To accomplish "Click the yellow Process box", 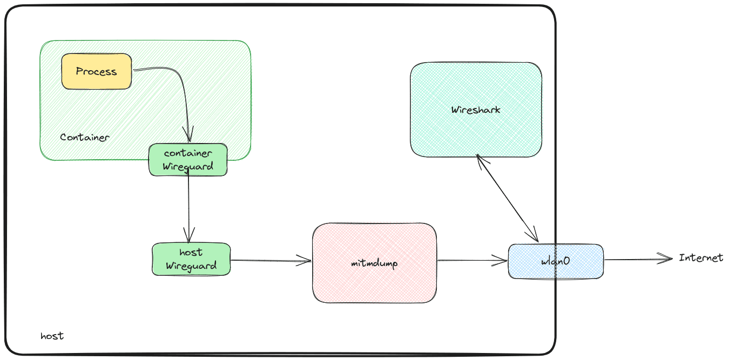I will [97, 71].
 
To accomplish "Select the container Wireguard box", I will [188, 160].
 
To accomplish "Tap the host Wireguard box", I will [191, 259].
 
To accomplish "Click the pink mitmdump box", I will [374, 263].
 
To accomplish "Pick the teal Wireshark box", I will [476, 110].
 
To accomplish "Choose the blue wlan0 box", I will [556, 261].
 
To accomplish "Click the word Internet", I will [700, 258].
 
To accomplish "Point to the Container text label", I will [85, 137].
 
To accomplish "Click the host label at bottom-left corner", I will [52, 336].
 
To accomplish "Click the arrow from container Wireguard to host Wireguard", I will [188, 205].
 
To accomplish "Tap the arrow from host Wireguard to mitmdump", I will [270, 261].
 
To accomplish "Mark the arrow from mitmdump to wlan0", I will [473, 261].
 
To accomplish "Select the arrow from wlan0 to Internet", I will [637, 260].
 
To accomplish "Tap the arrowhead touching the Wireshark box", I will [480, 159].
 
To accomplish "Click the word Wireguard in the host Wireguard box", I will [191, 266].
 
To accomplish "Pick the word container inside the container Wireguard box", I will [188, 153].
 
